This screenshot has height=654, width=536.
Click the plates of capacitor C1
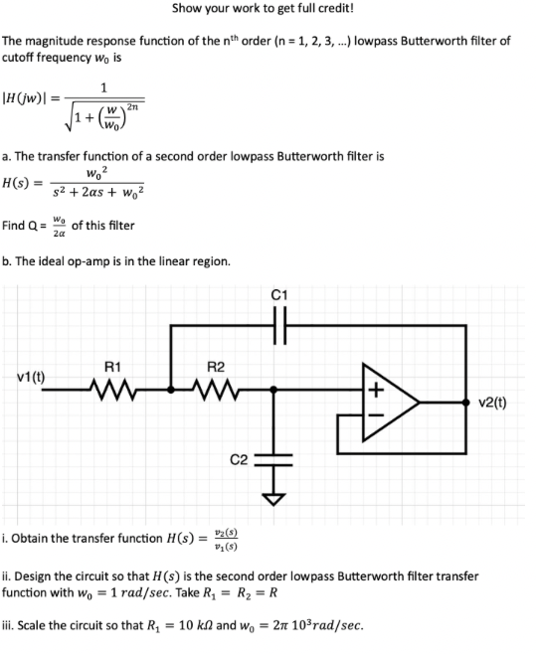pos(277,324)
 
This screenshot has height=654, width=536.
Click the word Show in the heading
pos(189,9)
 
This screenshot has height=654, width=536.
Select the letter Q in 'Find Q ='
pos(36,226)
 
